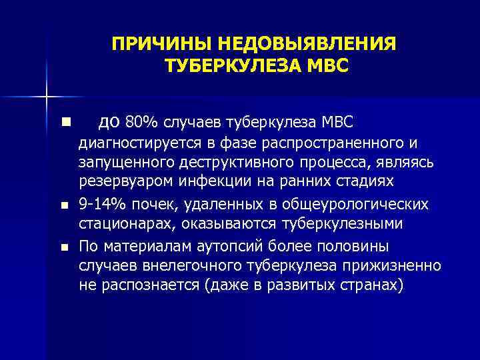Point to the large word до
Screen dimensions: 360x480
(x=109, y=121)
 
